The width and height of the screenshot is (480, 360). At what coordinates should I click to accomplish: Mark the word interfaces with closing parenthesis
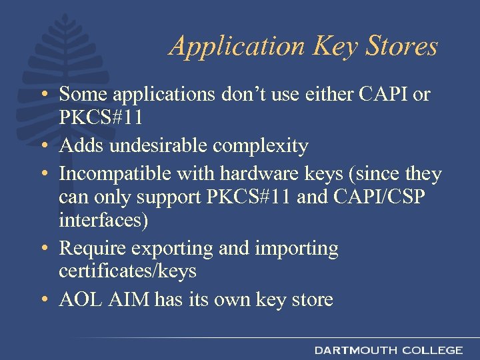point(104,221)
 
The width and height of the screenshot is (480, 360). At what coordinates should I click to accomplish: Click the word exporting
point(171,249)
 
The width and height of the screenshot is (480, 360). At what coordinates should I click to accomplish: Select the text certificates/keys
point(127,271)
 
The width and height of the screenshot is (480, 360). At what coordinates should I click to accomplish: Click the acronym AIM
point(131,299)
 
